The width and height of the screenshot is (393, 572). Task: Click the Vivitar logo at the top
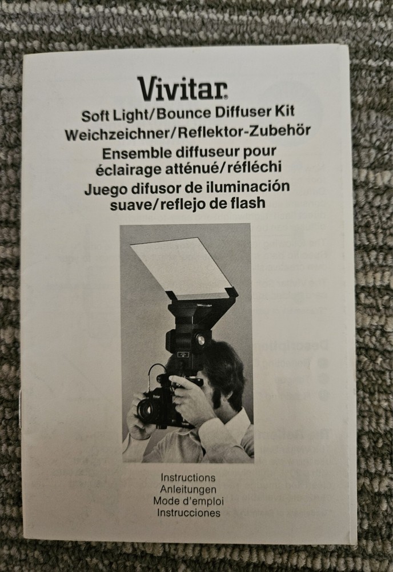(x=182, y=88)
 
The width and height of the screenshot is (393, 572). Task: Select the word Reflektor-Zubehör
(x=246, y=131)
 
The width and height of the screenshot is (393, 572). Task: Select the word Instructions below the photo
(x=188, y=477)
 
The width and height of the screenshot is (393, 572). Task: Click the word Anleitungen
(x=188, y=489)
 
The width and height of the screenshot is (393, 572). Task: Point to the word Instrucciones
(x=188, y=513)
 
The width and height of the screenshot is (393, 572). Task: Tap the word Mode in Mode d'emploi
(x=167, y=501)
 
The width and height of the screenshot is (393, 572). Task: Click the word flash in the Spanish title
(x=248, y=202)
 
